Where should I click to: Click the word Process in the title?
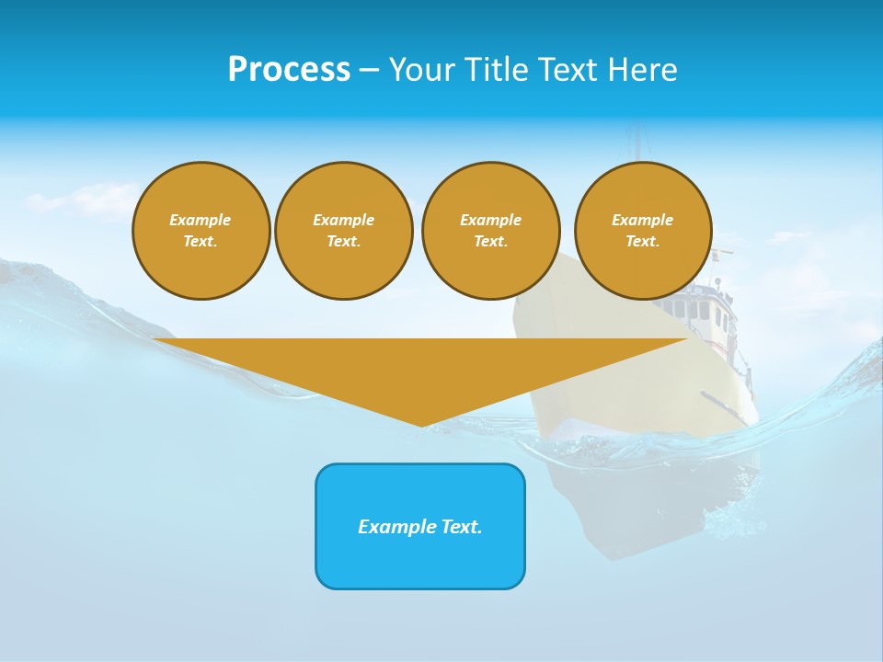tap(289, 70)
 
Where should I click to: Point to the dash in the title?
tap(369, 71)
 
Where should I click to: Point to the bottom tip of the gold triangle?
tap(421, 425)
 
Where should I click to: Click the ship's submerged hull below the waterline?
tap(644, 506)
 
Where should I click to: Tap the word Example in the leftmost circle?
tap(201, 220)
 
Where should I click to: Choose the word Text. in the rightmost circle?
tap(643, 241)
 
